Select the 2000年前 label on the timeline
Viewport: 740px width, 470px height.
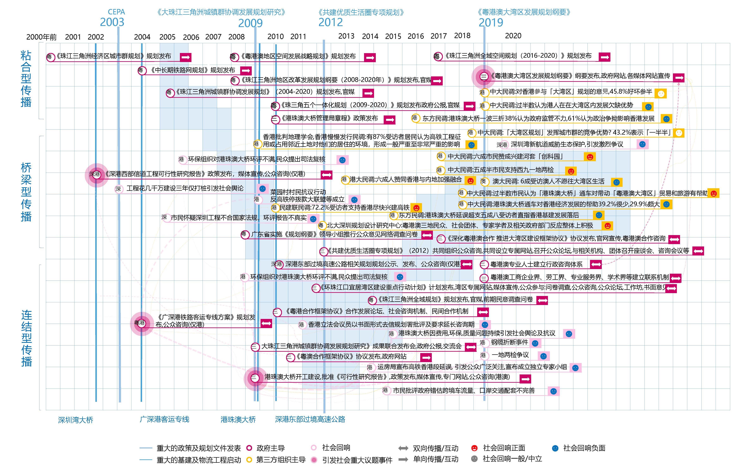point(41,37)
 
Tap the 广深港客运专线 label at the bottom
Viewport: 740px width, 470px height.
point(164,419)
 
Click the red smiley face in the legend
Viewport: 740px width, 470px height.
point(474,448)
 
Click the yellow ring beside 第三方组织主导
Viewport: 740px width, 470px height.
point(249,460)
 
